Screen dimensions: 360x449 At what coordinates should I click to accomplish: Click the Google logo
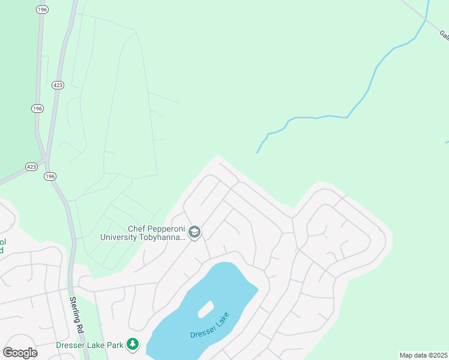coord(20,353)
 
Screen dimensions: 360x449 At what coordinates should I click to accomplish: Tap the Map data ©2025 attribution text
coord(424,355)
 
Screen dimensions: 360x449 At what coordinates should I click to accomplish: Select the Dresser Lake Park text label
coord(89,345)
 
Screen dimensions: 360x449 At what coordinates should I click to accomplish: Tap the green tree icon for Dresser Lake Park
coord(133,345)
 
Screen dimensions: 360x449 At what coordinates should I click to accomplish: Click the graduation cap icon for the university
coord(194,232)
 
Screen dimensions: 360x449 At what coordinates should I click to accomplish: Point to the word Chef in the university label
coord(138,229)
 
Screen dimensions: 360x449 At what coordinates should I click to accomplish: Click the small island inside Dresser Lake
coord(205,308)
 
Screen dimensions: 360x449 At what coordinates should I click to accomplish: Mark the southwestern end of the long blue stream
coord(258,152)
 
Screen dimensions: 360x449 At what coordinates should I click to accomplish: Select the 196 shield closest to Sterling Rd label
coord(49,176)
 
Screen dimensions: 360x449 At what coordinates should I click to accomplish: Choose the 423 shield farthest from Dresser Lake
coord(57,85)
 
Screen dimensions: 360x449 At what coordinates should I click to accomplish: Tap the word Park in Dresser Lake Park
coord(116,345)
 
